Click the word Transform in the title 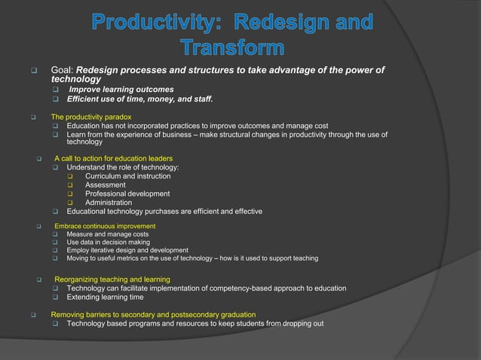pos(232,48)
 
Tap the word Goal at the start pos(62,70)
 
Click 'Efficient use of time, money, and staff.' pos(140,99)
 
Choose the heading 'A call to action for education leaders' pos(113,158)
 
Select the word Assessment pos(106,185)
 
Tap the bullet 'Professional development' pos(127,194)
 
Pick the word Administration pos(109,203)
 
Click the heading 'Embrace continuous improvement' pos(105,226)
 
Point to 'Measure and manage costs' pos(107,234)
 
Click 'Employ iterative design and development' pos(127,250)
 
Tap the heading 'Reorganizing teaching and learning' pos(112,279)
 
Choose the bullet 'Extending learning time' pos(105,297)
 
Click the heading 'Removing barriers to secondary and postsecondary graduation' pos(153,314)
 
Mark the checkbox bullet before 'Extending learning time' pos(56,297)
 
